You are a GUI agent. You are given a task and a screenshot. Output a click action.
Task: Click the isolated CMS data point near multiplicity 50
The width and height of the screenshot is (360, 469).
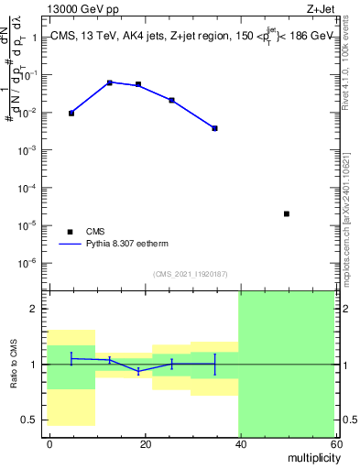tap(287, 214)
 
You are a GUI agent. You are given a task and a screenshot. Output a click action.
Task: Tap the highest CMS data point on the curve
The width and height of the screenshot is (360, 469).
tap(110, 82)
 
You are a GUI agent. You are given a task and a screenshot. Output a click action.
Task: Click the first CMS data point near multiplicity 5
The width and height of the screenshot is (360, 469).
tap(71, 113)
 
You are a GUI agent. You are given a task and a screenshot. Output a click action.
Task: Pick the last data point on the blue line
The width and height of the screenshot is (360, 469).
tap(214, 128)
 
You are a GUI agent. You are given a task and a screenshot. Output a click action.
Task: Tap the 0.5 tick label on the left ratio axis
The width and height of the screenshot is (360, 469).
tap(30, 420)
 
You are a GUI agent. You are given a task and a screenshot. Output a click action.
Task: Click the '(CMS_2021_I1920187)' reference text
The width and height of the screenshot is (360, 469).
tap(191, 273)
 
